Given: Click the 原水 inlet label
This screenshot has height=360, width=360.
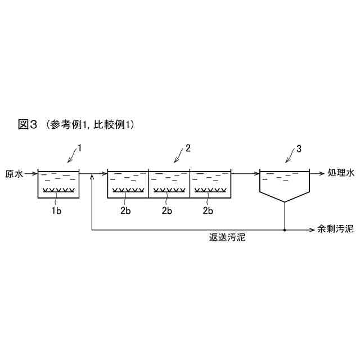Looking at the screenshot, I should click(14, 174).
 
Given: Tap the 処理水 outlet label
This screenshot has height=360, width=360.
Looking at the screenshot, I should click(341, 174).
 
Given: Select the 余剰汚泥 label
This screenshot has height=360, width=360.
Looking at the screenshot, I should click(335, 229).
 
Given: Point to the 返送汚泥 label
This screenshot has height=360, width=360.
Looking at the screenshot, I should click(227, 238).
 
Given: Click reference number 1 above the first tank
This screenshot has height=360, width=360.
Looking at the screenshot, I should click(80, 148).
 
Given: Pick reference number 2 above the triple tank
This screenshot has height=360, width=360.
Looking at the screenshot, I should click(188, 148).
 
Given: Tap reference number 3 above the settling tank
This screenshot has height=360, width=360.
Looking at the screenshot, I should click(299, 148).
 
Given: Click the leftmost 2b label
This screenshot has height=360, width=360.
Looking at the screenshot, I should click(125, 210).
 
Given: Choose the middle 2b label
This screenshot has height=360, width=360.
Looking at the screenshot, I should click(167, 210).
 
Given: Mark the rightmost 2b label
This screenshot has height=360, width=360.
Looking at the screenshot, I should click(208, 210).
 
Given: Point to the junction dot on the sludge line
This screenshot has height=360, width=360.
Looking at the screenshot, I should click(285, 229).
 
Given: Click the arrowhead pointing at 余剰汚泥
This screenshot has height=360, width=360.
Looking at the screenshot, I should click(313, 229).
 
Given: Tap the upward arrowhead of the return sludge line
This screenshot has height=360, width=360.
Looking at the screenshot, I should click(91, 178).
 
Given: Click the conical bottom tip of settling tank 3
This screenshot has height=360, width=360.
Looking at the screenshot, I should click(285, 201).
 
